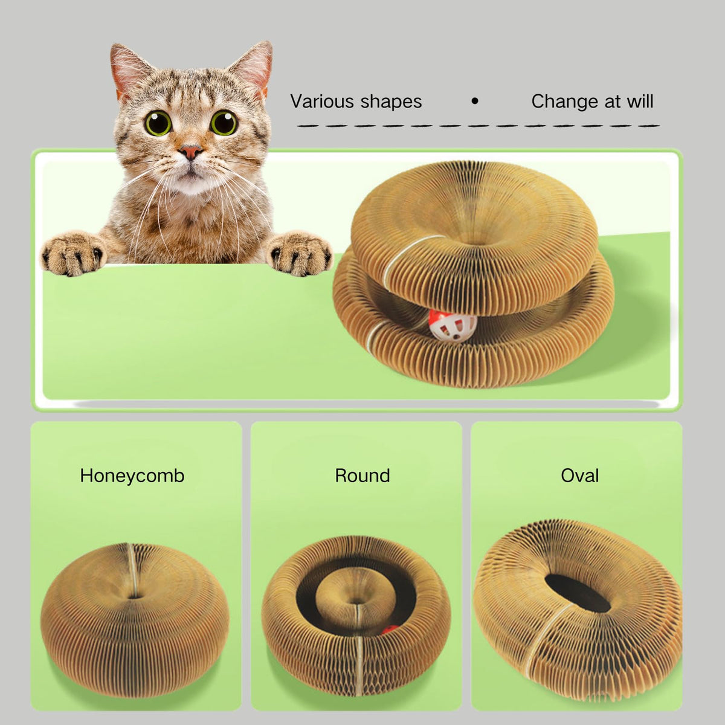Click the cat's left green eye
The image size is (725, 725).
(158, 123)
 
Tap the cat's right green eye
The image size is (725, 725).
(224, 122)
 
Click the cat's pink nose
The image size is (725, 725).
(190, 152)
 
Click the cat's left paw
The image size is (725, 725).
(72, 253)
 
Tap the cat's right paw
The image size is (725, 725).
(298, 253)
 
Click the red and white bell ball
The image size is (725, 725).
(453, 326)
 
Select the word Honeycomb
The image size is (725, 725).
(132, 475)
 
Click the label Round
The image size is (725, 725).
(362, 475)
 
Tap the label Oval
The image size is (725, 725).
(580, 475)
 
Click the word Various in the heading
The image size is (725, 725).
(322, 101)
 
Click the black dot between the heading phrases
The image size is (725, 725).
(475, 101)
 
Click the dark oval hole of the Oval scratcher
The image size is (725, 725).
(578, 593)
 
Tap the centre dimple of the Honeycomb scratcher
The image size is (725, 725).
(134, 596)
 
